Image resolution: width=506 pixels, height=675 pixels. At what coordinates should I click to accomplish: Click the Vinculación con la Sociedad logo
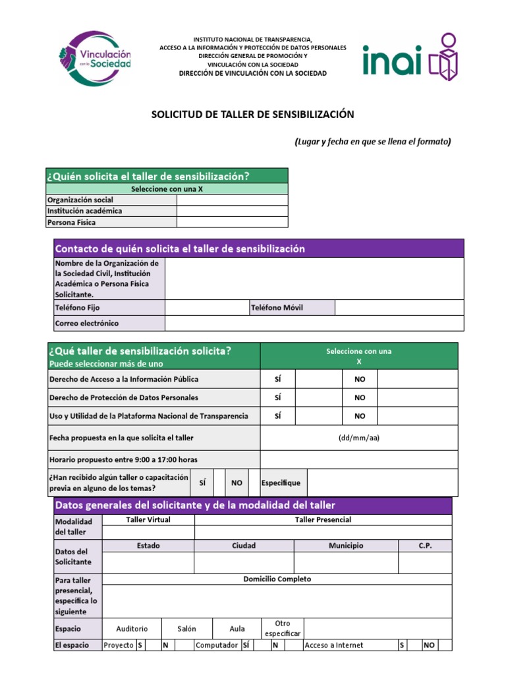click(95, 58)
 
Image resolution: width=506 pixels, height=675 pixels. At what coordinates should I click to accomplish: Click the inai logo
click(409, 57)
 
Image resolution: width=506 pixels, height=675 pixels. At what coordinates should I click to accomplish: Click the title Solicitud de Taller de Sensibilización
click(253, 115)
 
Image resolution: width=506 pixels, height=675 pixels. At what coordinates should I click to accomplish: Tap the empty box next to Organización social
click(232, 200)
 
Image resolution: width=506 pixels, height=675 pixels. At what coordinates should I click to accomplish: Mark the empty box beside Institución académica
click(232, 211)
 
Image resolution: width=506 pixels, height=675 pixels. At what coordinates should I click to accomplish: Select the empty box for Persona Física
click(232, 222)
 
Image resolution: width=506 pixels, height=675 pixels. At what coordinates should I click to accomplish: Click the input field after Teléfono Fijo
click(206, 307)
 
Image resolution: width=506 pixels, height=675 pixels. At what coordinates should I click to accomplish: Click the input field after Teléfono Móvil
click(399, 307)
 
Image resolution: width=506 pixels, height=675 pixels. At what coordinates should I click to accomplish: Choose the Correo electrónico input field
click(314, 323)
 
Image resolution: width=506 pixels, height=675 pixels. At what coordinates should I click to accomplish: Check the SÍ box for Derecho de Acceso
click(318, 379)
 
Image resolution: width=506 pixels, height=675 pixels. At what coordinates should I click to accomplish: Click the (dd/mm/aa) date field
click(358, 438)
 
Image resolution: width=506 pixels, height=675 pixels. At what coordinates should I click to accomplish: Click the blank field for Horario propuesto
click(358, 459)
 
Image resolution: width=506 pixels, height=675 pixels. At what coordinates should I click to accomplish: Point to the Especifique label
click(281, 483)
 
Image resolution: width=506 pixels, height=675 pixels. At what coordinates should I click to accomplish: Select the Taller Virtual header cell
click(148, 519)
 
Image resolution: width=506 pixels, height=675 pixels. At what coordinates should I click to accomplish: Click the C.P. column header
click(425, 546)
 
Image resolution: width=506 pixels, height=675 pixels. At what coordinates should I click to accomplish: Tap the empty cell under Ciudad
click(244, 562)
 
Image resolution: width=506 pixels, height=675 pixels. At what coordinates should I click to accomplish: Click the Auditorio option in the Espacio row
click(132, 629)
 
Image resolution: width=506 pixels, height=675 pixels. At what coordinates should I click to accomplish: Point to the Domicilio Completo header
click(277, 579)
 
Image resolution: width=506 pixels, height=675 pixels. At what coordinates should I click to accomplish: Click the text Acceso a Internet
click(333, 645)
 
